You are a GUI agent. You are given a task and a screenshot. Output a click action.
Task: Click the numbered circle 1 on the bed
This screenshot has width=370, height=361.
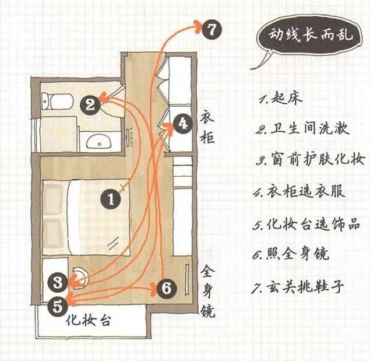(x=111, y=200)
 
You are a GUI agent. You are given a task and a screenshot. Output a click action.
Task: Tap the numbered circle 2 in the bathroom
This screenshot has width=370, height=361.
(x=90, y=105)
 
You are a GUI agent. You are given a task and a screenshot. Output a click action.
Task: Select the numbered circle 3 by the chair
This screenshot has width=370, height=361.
(x=58, y=283)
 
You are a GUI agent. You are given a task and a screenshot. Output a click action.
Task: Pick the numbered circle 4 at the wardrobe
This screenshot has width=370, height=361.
(x=182, y=124)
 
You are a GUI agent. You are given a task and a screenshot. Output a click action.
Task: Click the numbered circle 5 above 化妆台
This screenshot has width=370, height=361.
(x=58, y=307)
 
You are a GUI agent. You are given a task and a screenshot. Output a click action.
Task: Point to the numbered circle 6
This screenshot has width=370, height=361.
(x=167, y=289)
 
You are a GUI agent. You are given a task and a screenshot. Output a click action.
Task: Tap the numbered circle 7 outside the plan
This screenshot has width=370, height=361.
(x=212, y=30)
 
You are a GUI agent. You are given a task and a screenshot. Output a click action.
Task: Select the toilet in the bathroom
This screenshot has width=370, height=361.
(x=58, y=101)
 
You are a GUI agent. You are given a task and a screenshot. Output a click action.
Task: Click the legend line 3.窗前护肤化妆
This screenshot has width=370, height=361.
(x=311, y=159)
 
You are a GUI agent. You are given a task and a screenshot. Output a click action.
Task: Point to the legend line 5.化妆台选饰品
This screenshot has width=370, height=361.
(x=306, y=223)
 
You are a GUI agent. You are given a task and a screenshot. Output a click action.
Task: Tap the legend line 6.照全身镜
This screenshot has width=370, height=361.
(x=291, y=254)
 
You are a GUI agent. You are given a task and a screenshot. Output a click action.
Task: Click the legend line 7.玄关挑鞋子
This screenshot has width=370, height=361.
(x=298, y=286)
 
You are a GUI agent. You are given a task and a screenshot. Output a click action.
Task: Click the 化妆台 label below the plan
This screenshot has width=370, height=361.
(x=89, y=321)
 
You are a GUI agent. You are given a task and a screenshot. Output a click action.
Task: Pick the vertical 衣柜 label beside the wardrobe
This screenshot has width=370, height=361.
(x=207, y=127)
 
